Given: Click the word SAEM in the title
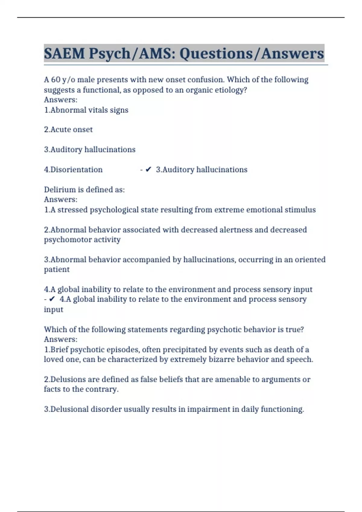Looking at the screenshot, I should point(64,54).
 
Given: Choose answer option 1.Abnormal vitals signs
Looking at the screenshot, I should point(86,110).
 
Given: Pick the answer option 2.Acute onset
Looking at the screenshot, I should point(68,130).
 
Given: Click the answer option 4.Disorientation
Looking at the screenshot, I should point(73,170).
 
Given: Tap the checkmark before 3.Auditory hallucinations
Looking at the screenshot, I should point(148,170).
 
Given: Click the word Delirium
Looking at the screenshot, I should point(58,189).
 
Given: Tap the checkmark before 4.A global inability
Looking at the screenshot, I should point(52,299).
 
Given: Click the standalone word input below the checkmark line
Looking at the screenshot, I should point(53,309).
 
